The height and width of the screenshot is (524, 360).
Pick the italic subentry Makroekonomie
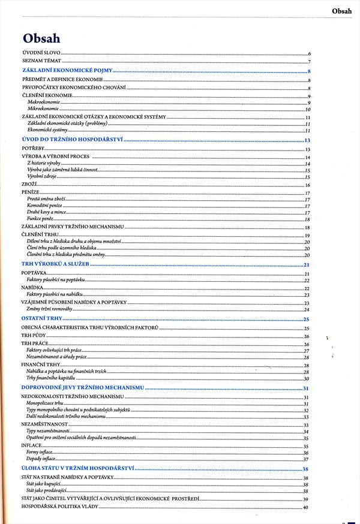(44, 103)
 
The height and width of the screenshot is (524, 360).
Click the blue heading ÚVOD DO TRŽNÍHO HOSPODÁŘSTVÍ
(72, 140)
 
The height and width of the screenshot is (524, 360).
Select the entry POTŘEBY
(32, 149)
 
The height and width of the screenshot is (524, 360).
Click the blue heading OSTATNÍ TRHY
(44, 318)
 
